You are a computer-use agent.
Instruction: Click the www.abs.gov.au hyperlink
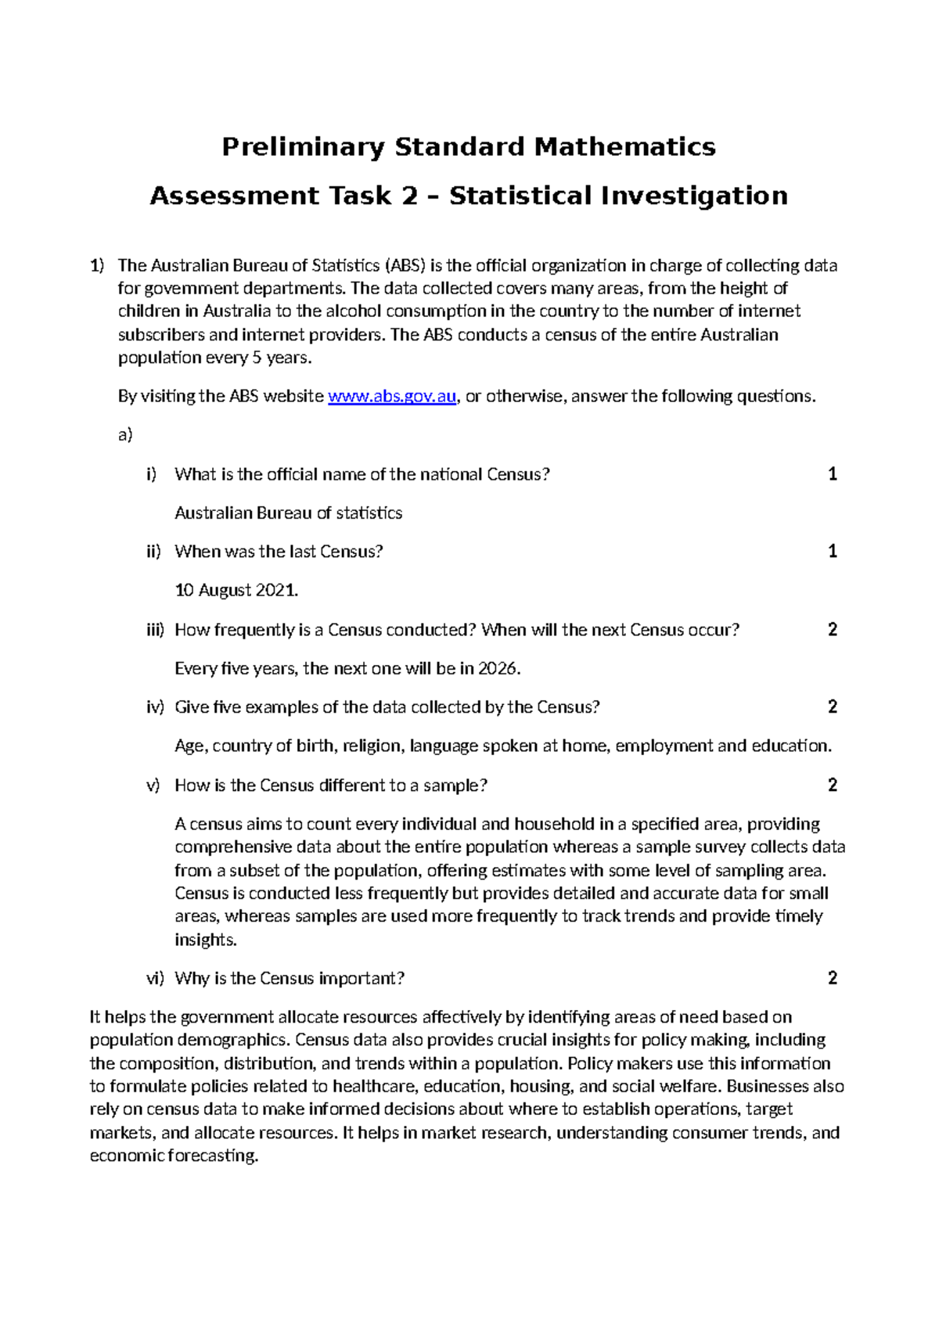coord(391,397)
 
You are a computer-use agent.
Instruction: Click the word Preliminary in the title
coord(303,147)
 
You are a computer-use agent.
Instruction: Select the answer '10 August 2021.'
coord(236,591)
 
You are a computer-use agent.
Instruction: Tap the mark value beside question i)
coord(833,474)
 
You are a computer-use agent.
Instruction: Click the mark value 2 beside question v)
coord(833,785)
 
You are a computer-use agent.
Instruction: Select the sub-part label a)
coord(125,436)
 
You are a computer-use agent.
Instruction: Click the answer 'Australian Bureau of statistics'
coord(288,513)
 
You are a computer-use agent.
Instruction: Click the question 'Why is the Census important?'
coord(290,979)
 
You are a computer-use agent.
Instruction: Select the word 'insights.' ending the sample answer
coord(205,940)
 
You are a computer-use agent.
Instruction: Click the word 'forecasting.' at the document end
coord(213,1156)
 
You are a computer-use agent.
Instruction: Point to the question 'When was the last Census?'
coord(279,552)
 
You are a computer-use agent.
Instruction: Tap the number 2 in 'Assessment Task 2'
coord(409,196)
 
